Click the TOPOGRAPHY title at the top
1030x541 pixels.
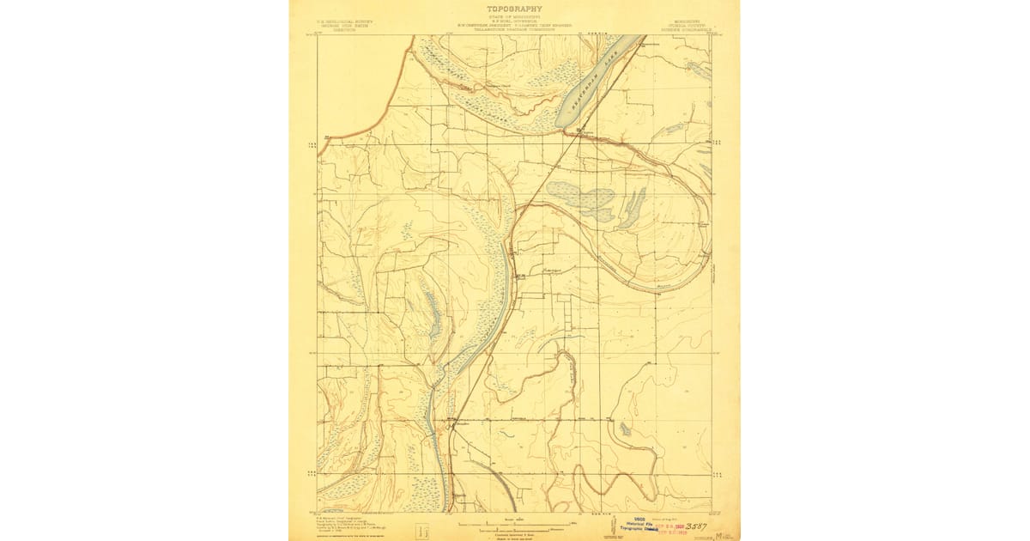coord(514,9)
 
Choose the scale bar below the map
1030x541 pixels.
coord(514,521)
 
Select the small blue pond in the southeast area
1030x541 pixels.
coord(625,428)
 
